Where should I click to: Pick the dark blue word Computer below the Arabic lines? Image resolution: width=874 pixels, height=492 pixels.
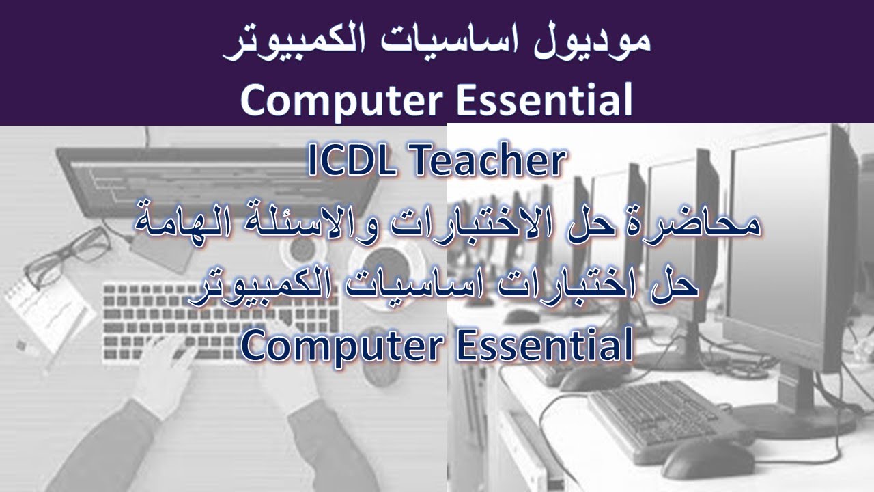click(x=337, y=346)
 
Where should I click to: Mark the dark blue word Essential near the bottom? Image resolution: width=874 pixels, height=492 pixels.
click(x=542, y=346)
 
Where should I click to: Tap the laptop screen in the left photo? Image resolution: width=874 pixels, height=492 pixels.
click(x=205, y=171)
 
